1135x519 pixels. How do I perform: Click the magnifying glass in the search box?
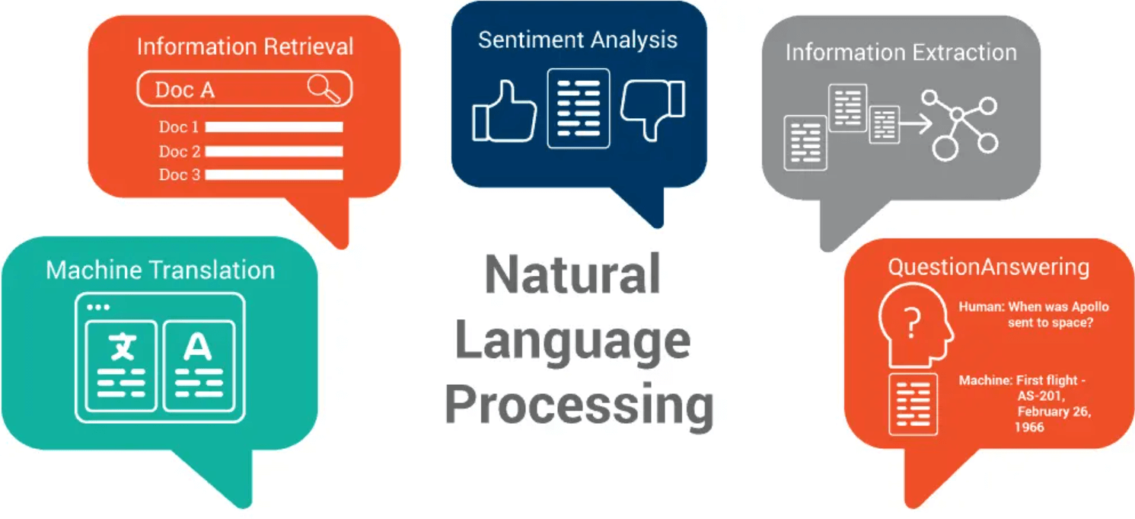[x=324, y=89]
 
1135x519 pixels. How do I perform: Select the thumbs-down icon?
[x=652, y=109]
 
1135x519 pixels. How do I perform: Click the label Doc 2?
[x=180, y=151]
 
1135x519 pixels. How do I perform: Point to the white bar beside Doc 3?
[x=273, y=175]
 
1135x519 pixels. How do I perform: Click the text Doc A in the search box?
[x=185, y=90]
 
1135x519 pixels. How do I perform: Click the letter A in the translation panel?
[x=198, y=348]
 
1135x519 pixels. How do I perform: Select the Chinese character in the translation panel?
[x=122, y=348]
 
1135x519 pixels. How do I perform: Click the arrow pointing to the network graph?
[x=916, y=123]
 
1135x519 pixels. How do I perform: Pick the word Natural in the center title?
[x=572, y=275]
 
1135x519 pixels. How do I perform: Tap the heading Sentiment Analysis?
[x=578, y=40]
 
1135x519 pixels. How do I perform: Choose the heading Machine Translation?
[x=160, y=270]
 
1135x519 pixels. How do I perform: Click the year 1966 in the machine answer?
[x=1029, y=427]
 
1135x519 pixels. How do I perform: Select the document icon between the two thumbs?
[x=579, y=108]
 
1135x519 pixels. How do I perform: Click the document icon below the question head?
[x=913, y=404]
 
